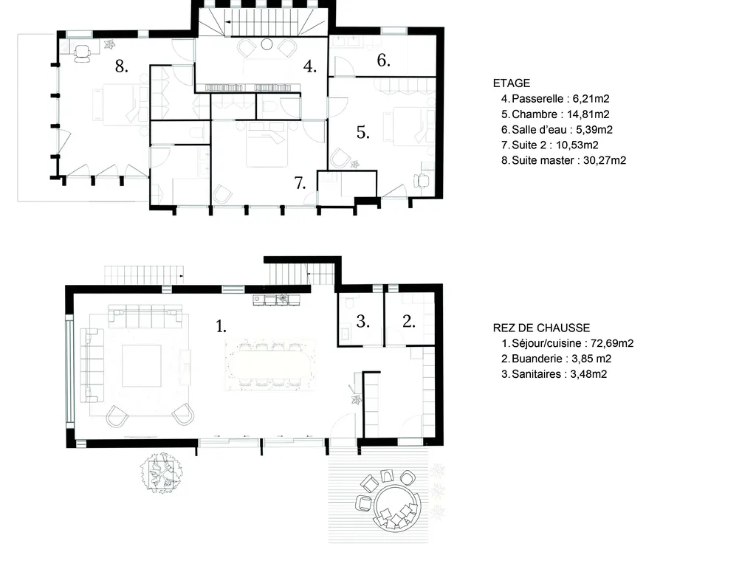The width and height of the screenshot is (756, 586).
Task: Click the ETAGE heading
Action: pos(511,83)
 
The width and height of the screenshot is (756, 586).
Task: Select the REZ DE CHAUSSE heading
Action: pos(541,328)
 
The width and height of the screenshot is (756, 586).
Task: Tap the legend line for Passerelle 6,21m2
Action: pos(555,99)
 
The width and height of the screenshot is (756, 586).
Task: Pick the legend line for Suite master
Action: pos(563,160)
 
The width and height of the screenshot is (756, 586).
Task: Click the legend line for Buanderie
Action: pos(557,359)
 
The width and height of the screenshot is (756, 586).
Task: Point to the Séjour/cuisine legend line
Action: pos(568,343)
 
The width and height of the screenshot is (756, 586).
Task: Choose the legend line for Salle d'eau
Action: pos(557,130)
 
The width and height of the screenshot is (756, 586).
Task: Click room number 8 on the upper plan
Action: pos(122,66)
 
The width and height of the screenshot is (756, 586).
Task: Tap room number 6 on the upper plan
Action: pos(383,61)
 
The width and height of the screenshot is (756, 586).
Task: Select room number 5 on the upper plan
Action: pos(363,132)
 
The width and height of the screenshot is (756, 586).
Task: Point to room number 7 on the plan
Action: pos(300,183)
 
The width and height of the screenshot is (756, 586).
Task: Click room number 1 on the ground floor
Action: pos(221,327)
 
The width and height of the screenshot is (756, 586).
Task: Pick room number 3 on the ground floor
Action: pos(362,322)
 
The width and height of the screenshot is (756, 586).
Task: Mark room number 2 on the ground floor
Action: pos(409,322)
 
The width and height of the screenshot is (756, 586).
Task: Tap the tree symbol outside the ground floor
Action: pos(162,473)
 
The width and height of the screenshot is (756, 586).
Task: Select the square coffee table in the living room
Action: pos(141,365)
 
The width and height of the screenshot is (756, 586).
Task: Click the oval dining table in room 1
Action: pos(270,365)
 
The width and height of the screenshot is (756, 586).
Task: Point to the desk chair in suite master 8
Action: pos(83,52)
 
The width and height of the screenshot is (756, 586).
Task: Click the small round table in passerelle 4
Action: pos(267,44)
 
